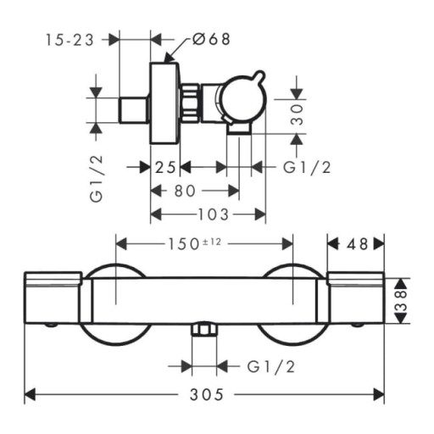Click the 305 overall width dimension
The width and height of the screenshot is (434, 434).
tap(207, 394)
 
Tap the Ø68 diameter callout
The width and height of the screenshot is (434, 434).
tap(211, 39)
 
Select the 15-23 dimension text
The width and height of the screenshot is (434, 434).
tap(70, 40)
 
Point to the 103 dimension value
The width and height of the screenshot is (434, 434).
tap(213, 214)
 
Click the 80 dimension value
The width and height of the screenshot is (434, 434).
tap(185, 191)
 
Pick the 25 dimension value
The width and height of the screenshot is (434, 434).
tap(165, 168)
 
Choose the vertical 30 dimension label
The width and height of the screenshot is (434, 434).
tap(298, 114)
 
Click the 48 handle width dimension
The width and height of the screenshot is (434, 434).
tap(358, 244)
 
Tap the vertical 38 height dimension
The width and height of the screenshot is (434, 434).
tap(402, 301)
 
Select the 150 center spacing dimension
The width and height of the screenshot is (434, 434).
tap(184, 244)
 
